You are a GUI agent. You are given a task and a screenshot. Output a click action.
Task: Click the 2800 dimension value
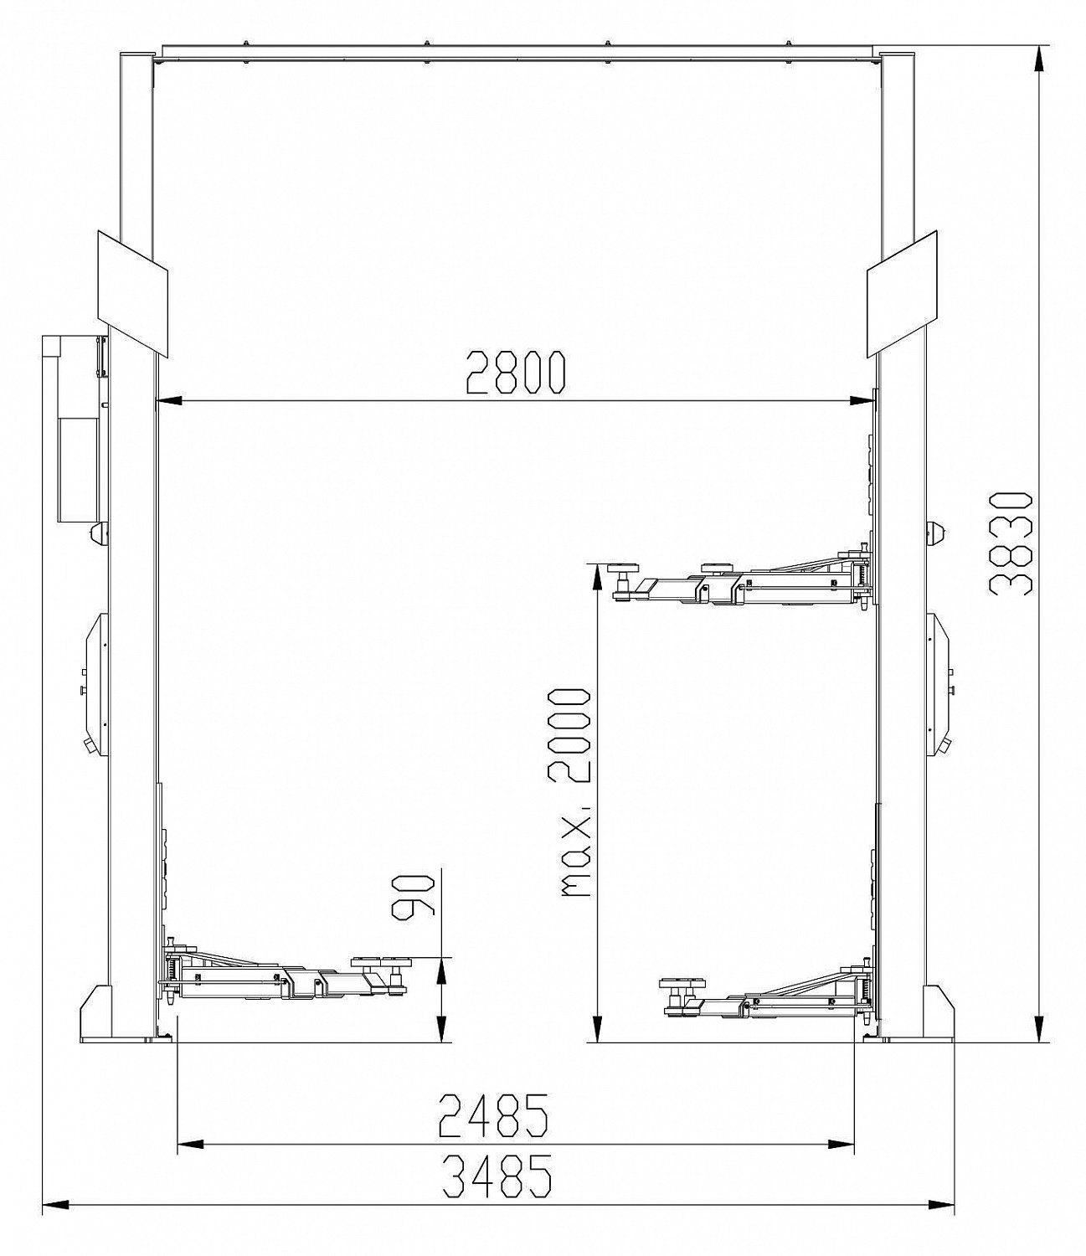point(515,372)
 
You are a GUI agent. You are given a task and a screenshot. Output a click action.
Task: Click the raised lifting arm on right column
point(743,577)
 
